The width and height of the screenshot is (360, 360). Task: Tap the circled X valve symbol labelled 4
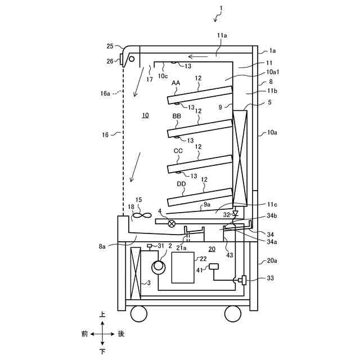pyautogui.click(x=172, y=224)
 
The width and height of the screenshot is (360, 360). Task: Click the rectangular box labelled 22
pyautogui.click(x=183, y=268)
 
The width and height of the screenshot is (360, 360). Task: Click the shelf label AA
pyautogui.click(x=176, y=83)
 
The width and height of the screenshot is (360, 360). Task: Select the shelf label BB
pyautogui.click(x=177, y=116)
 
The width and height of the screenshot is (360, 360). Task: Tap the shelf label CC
pyautogui.click(x=178, y=151)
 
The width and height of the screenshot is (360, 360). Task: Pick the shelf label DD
pyautogui.click(x=181, y=184)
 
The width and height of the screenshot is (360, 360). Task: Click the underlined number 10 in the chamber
pyautogui.click(x=145, y=115)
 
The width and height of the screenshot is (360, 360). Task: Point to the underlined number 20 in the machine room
pyautogui.click(x=211, y=249)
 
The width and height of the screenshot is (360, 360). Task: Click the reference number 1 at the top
pyautogui.click(x=222, y=8)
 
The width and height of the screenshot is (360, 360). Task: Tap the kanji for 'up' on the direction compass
pyautogui.click(x=102, y=316)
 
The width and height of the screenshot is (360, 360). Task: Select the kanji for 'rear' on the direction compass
pyautogui.click(x=121, y=334)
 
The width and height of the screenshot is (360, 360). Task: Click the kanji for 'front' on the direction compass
pyautogui.click(x=84, y=334)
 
